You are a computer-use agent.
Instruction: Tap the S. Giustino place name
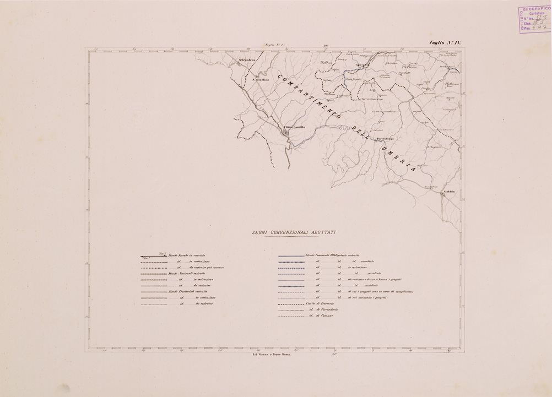point(260,80)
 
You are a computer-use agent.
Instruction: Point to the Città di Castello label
point(294,127)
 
